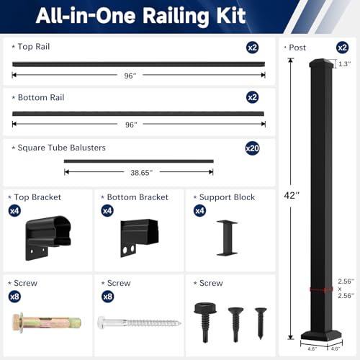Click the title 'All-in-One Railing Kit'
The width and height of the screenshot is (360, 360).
140,16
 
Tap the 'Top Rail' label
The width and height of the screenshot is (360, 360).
34,47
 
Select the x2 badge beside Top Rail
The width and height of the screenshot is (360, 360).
252,48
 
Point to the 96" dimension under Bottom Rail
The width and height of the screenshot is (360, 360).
131,125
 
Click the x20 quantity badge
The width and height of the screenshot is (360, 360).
252,148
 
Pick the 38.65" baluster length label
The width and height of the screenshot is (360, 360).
141,173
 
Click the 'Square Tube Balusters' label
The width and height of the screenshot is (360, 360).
62,148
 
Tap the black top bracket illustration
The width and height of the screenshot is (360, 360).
48,238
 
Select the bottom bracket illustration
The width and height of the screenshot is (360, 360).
139,238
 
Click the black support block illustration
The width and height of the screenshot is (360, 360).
227,238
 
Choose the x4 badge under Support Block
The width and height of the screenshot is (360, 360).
199,211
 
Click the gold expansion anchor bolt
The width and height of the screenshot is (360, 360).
47,323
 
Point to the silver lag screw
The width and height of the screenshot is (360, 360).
139,323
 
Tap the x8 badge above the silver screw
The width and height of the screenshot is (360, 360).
107,297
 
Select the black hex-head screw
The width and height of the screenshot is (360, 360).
205,322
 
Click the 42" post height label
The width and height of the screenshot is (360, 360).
292,196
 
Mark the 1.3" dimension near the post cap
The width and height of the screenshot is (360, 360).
345,64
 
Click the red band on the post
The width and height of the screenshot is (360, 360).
321,289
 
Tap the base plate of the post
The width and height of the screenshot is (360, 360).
322,336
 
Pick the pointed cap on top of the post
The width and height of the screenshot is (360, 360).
321,63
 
